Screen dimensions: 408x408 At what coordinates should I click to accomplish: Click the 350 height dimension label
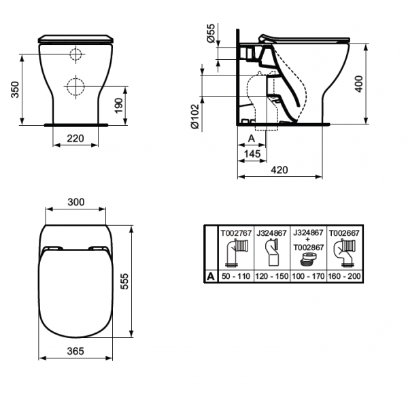coord(15,90)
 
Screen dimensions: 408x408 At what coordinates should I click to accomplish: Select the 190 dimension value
coord(118,105)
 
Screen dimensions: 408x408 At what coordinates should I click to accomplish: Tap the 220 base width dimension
coord(75,139)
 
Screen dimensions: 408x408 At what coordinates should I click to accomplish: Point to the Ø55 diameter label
coord(211,33)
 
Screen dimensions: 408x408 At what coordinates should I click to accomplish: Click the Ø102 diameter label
coord(195,116)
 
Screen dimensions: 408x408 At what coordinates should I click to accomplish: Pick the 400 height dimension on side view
coord(359,84)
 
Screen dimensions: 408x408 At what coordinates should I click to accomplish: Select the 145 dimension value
coord(252,154)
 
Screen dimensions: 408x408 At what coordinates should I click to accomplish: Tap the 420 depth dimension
coord(279,170)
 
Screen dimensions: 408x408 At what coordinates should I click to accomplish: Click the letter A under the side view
coord(252,139)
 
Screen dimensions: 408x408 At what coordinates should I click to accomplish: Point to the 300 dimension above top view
coord(76,202)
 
